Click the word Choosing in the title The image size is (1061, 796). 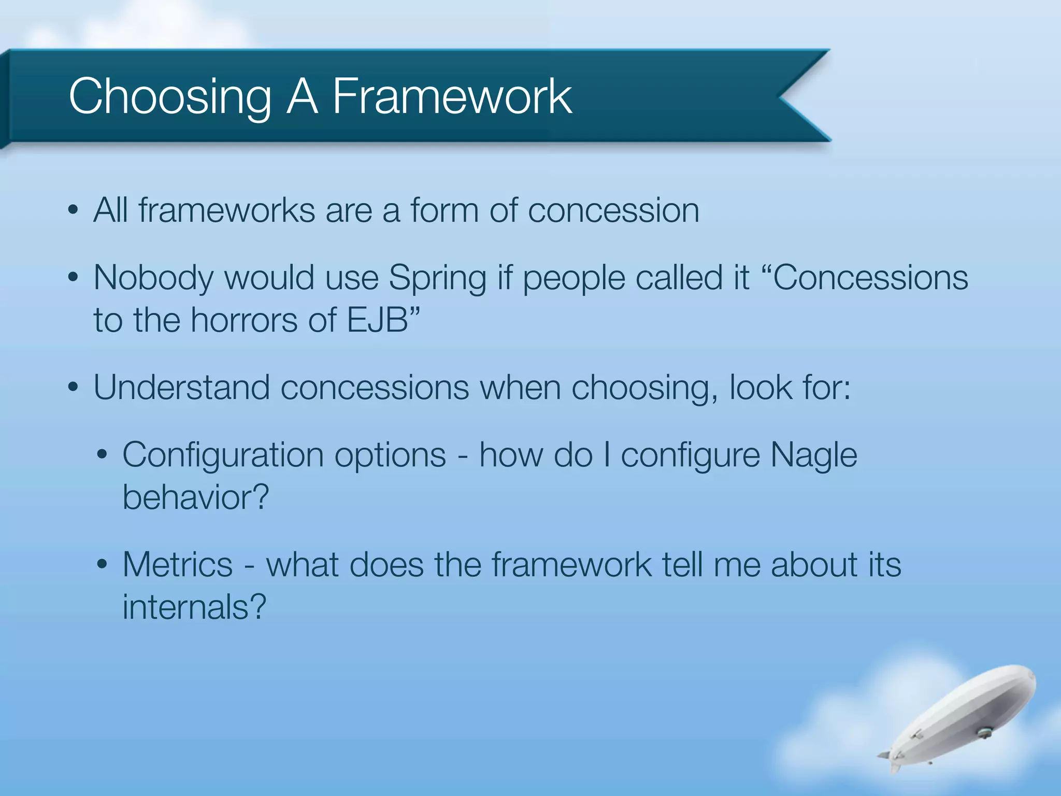pos(169,97)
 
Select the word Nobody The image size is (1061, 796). pos(153,278)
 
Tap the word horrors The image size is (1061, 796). pos(243,320)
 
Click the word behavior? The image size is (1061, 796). pos(196,497)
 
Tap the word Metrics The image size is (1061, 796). pos(178,564)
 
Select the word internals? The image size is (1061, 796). pos(194,607)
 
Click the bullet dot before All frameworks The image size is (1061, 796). pos(73,211)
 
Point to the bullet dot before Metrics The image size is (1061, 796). pos(102,564)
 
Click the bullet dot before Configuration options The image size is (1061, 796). pos(102,455)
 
